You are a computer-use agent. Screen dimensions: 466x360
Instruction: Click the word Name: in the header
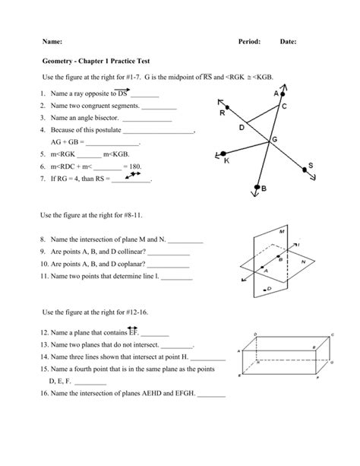tap(52, 40)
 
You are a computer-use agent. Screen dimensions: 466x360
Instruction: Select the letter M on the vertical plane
tap(282, 230)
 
